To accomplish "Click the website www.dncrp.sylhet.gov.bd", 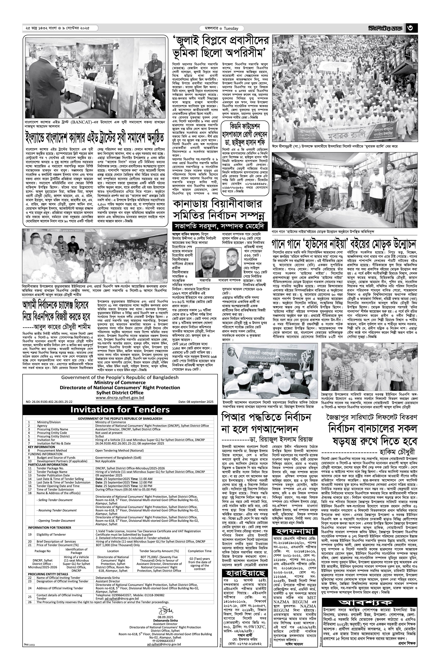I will (x=120, y=398).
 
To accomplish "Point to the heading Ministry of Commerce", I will (x=120, y=382).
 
